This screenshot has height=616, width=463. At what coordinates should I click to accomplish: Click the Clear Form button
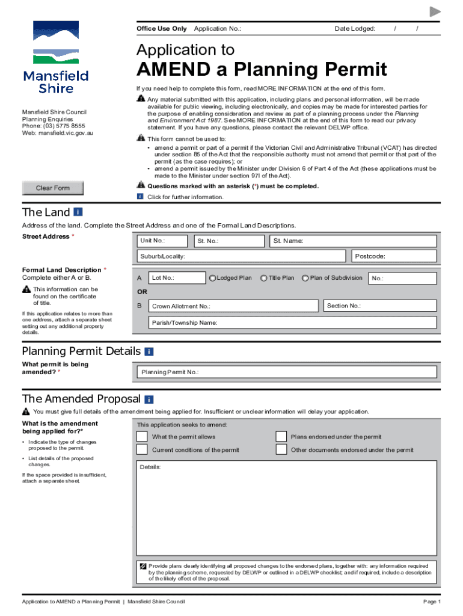tap(53, 188)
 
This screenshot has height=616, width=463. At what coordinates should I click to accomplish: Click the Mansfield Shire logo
tap(56, 58)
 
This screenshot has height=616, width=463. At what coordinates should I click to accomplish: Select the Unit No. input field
tap(162, 241)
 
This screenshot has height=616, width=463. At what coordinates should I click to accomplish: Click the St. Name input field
tap(352, 241)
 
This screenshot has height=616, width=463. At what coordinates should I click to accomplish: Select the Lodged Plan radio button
tap(212, 278)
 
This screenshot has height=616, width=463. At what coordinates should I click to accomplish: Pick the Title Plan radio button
tap(264, 278)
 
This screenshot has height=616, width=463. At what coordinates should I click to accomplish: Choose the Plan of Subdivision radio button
tap(305, 278)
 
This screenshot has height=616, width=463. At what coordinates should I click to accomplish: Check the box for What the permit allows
tap(142, 437)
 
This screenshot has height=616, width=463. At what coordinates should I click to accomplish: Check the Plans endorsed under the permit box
tap(281, 437)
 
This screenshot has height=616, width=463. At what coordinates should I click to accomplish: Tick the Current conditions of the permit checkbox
tap(142, 450)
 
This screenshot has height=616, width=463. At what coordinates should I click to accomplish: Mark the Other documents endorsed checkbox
tap(281, 450)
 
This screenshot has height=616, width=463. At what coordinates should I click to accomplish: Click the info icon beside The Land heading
tap(79, 212)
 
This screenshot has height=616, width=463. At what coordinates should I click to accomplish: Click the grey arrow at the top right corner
tap(435, 12)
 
